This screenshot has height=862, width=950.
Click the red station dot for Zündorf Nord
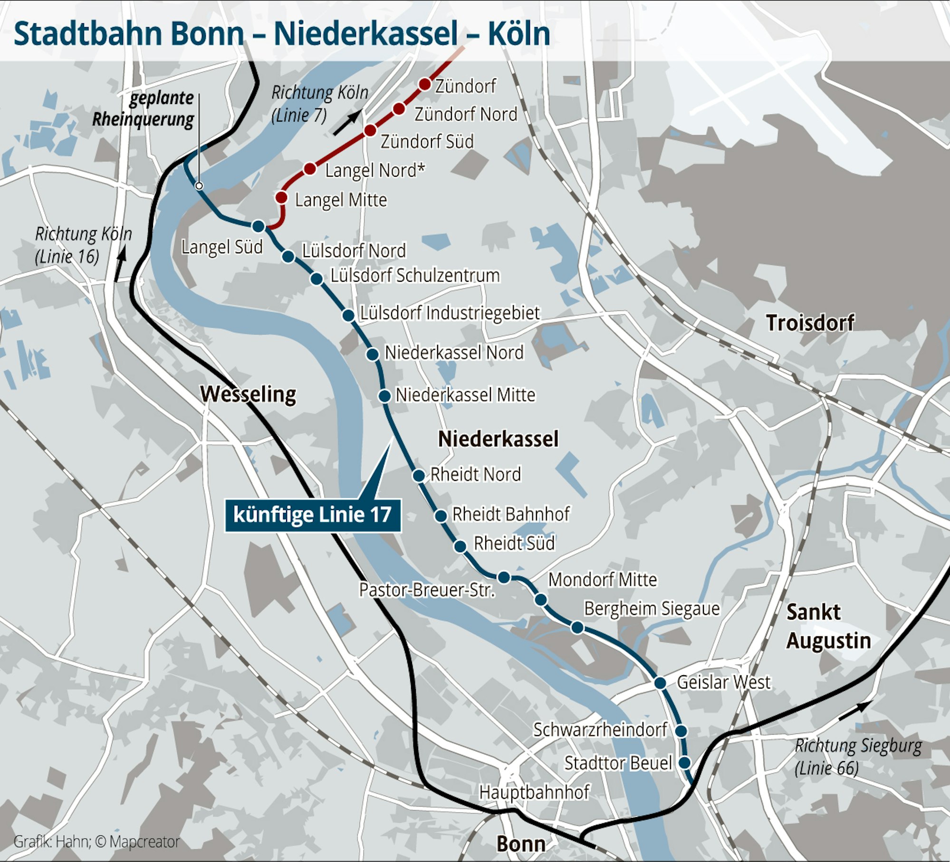coord(399,109)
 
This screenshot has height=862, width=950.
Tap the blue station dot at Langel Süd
coord(258,226)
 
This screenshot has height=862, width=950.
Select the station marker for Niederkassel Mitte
coord(384,395)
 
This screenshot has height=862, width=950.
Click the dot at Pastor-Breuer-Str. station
coord(504,577)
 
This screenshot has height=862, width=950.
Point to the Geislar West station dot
coord(660,683)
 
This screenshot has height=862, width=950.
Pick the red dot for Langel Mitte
coord(281,197)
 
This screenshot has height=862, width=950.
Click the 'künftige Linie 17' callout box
coord(312,515)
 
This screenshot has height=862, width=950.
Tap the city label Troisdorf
coord(809,323)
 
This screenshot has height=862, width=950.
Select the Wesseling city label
coord(248,394)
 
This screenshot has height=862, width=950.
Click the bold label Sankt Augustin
coord(828,626)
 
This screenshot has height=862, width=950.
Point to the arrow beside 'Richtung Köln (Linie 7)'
coord(347,123)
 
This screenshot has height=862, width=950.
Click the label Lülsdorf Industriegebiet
coord(450,313)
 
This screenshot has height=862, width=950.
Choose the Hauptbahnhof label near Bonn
coord(534,792)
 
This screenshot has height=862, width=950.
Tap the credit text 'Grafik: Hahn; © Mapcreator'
coord(96,841)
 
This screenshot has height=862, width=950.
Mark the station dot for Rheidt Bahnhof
coord(441,516)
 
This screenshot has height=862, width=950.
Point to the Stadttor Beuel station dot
coord(684,763)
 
